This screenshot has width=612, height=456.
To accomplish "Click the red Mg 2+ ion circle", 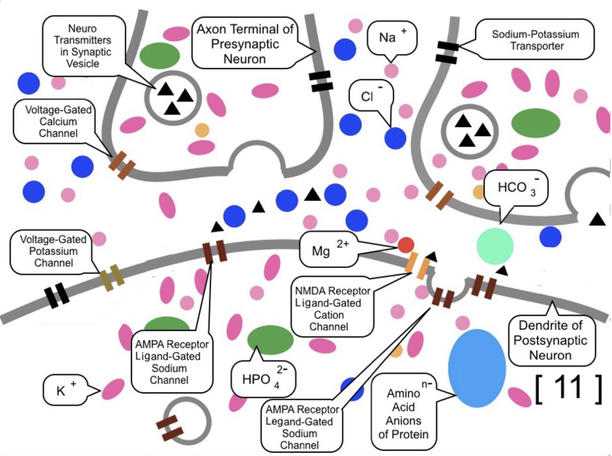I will (x=406, y=245).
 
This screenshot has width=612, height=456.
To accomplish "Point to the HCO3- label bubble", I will (x=516, y=188).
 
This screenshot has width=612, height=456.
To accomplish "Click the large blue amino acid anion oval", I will (x=477, y=368).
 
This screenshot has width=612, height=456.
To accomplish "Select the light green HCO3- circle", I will (x=495, y=246).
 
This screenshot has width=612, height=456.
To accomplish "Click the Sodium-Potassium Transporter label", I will (x=535, y=40).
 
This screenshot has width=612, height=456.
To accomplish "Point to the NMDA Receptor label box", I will (x=332, y=308).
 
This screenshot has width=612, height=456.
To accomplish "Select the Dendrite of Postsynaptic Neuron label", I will (x=550, y=340).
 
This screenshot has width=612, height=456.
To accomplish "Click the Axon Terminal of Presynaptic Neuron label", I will (x=245, y=44).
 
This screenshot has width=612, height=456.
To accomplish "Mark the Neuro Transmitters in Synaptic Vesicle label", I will (x=83, y=46).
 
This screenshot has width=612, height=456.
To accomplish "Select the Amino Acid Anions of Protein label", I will (x=403, y=414).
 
